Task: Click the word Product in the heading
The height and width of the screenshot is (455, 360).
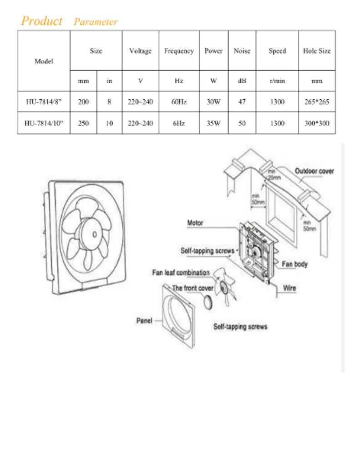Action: (42, 21)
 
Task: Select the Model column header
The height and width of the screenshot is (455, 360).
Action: (44, 61)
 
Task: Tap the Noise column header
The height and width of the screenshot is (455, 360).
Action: (242, 51)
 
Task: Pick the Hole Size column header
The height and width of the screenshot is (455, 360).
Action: (317, 51)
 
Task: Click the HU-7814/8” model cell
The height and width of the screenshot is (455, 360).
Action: (44, 102)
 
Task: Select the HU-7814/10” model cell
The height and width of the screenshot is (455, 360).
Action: (44, 123)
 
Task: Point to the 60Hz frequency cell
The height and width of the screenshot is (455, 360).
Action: (179, 102)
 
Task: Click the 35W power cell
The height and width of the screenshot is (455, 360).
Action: (213, 123)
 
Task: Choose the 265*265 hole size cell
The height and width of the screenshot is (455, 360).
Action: (317, 102)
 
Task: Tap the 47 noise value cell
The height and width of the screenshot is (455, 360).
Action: (242, 102)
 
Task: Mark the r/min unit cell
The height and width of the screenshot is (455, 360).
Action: (277, 81)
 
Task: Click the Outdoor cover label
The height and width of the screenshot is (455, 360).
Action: (314, 171)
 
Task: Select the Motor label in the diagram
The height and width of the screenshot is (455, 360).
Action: (195, 223)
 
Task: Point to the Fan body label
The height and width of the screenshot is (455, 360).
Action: (294, 264)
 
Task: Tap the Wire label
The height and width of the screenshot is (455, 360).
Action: (289, 288)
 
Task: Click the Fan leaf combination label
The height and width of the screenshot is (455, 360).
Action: (181, 273)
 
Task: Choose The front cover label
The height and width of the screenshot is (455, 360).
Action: (193, 288)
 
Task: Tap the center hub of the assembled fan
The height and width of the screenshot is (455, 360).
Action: (94, 234)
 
